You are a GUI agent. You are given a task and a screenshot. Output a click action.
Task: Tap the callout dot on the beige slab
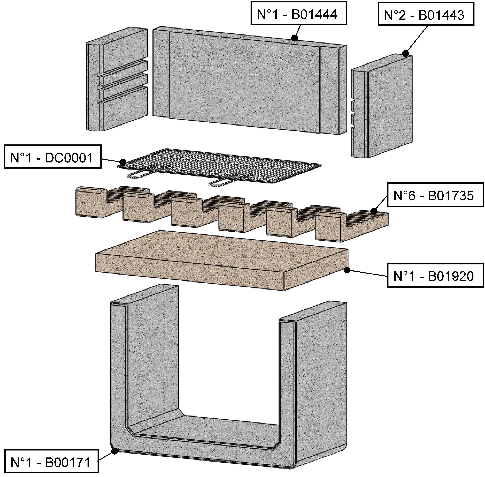[x=347, y=270]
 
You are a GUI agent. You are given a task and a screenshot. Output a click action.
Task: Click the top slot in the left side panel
[x=123, y=68]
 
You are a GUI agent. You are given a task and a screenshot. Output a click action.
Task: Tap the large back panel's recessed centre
[x=244, y=80]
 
